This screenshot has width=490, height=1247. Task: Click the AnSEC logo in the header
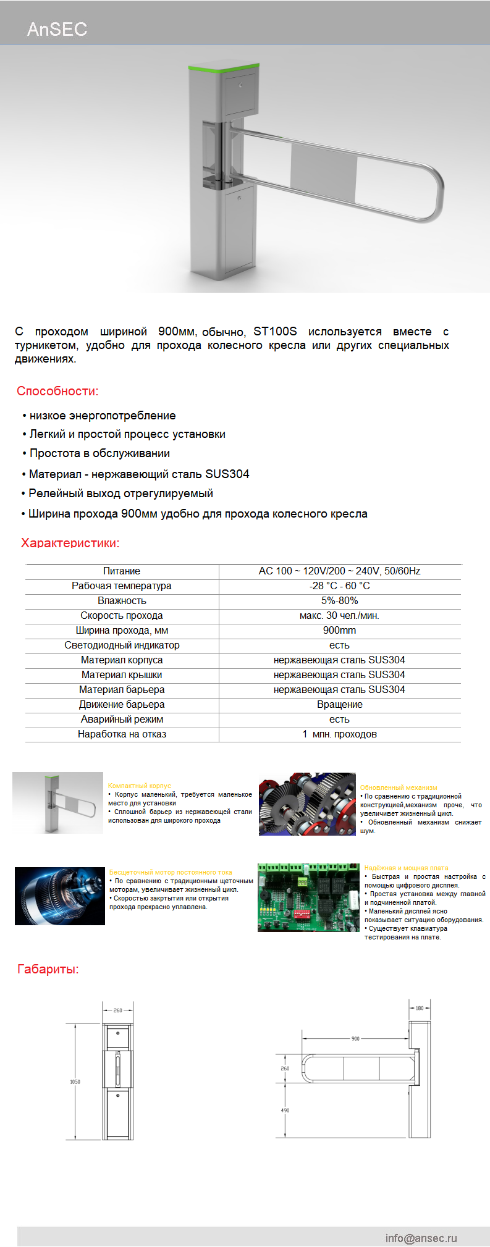57,29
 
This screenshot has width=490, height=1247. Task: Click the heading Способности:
57,391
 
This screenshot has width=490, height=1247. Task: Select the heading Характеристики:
70,543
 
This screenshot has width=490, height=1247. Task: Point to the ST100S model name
275,331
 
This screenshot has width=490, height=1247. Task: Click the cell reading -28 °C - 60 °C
339,586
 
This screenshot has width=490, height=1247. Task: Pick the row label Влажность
122,600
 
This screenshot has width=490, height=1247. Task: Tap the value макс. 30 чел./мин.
339,615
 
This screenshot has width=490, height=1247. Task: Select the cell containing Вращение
339,704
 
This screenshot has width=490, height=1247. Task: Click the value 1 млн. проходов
339,734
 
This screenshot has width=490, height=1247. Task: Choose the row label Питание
122,571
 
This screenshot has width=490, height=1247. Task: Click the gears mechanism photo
307,804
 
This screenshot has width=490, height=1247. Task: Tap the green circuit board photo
308,897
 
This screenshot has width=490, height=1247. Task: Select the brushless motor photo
60,896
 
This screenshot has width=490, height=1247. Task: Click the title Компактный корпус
140,786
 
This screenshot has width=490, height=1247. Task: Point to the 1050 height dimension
75,1081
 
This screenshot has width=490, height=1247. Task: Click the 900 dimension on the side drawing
355,1038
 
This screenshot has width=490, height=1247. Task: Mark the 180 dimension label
420,1008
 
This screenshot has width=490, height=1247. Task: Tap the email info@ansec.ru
421,1238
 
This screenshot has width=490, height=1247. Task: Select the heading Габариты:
48,969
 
